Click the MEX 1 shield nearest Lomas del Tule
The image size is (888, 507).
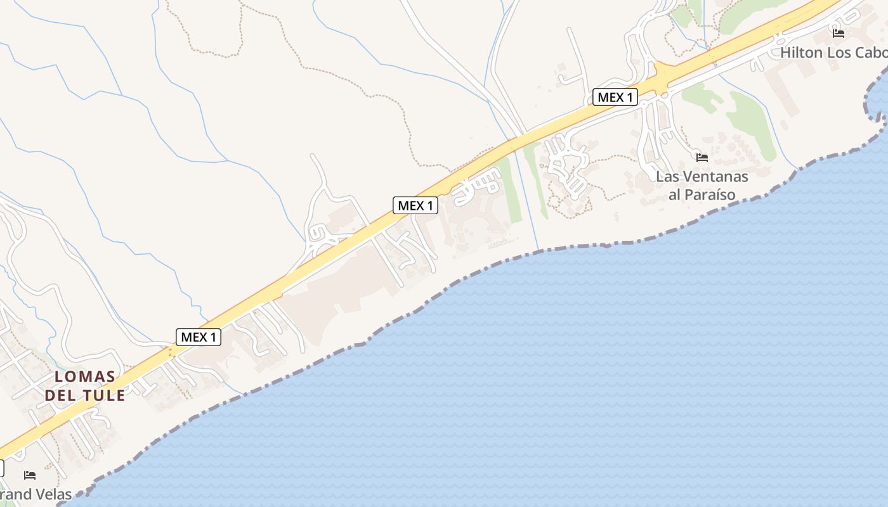pyautogui.click(x=199, y=337)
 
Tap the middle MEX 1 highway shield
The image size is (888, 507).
pyautogui.click(x=415, y=205)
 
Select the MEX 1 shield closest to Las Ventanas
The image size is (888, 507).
pyautogui.click(x=615, y=98)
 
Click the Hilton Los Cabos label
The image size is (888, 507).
pyautogui.click(x=833, y=53)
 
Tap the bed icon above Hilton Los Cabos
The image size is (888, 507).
pyautogui.click(x=839, y=34)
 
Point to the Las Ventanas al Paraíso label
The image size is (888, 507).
pyautogui.click(x=702, y=185)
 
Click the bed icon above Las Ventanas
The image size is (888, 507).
pyautogui.click(x=702, y=158)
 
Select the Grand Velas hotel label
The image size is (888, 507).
pyautogui.click(x=36, y=494)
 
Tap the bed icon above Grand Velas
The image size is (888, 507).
pyautogui.click(x=30, y=475)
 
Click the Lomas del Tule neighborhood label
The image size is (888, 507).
pyautogui.click(x=85, y=385)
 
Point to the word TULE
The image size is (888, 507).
pyautogui.click(x=103, y=395)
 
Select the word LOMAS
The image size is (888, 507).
pyautogui.click(x=85, y=376)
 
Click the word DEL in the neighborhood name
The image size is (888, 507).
pyautogui.click(x=59, y=395)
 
